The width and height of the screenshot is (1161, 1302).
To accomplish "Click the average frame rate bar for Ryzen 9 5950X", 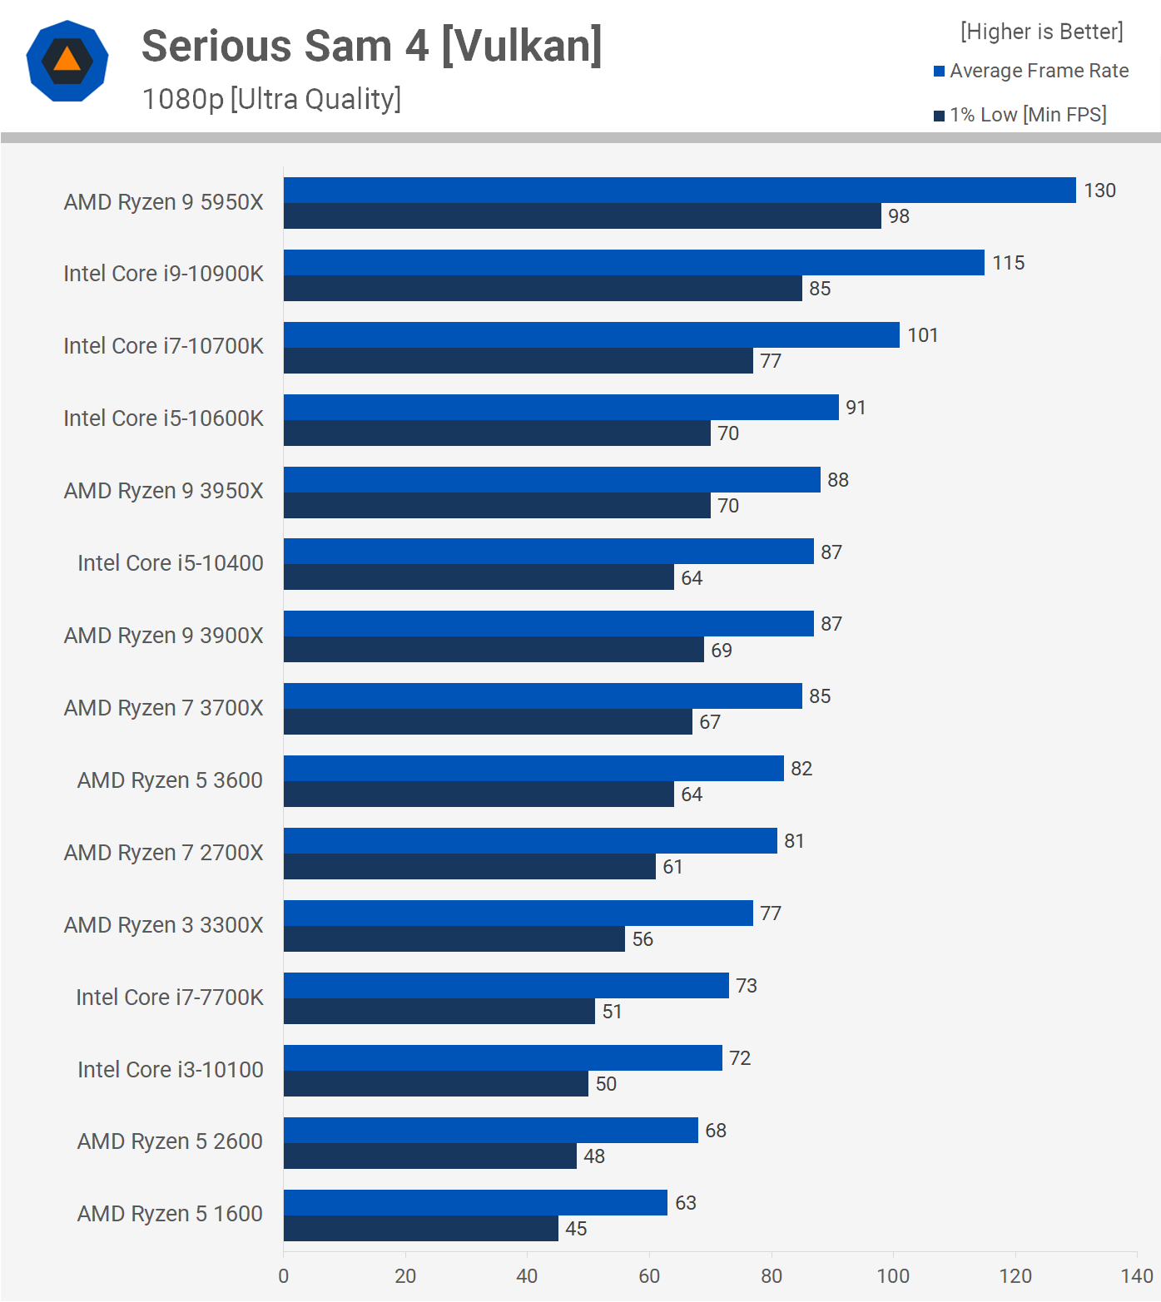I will tap(679, 191).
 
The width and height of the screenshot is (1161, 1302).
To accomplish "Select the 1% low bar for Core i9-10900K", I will tap(543, 289).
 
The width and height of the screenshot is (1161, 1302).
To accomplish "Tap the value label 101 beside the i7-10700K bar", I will tap(923, 335).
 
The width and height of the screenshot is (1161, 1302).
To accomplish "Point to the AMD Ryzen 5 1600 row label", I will tap(170, 1214).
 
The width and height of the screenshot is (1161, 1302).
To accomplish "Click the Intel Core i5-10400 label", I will tap(170, 563).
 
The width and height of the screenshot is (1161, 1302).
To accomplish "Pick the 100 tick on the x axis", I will tap(893, 1276).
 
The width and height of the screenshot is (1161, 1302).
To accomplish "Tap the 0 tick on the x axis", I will tap(284, 1276).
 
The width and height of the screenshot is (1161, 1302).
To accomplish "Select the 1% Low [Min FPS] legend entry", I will tap(1020, 115).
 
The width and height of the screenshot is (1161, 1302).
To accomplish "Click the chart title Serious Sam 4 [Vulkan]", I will tap(371, 46).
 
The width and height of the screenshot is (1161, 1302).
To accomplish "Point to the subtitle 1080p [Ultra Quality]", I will tap(271, 99).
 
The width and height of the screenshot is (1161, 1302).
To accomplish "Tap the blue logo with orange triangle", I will tap(67, 61).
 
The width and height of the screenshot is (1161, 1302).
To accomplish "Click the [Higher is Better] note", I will tap(1041, 32).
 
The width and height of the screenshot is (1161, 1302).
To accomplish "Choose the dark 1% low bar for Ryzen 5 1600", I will tap(420, 1229).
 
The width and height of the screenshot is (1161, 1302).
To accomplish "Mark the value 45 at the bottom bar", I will tap(576, 1229).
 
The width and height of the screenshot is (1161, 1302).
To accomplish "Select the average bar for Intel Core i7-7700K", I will tap(506, 986).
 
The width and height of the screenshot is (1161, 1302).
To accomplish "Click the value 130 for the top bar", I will tap(1099, 191).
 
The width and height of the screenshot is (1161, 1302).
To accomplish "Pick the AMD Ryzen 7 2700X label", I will tap(163, 853).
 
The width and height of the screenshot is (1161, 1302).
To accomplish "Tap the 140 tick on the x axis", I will tap(1137, 1276).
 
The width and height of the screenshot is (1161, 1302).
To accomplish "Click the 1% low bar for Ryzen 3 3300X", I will tap(454, 939).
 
